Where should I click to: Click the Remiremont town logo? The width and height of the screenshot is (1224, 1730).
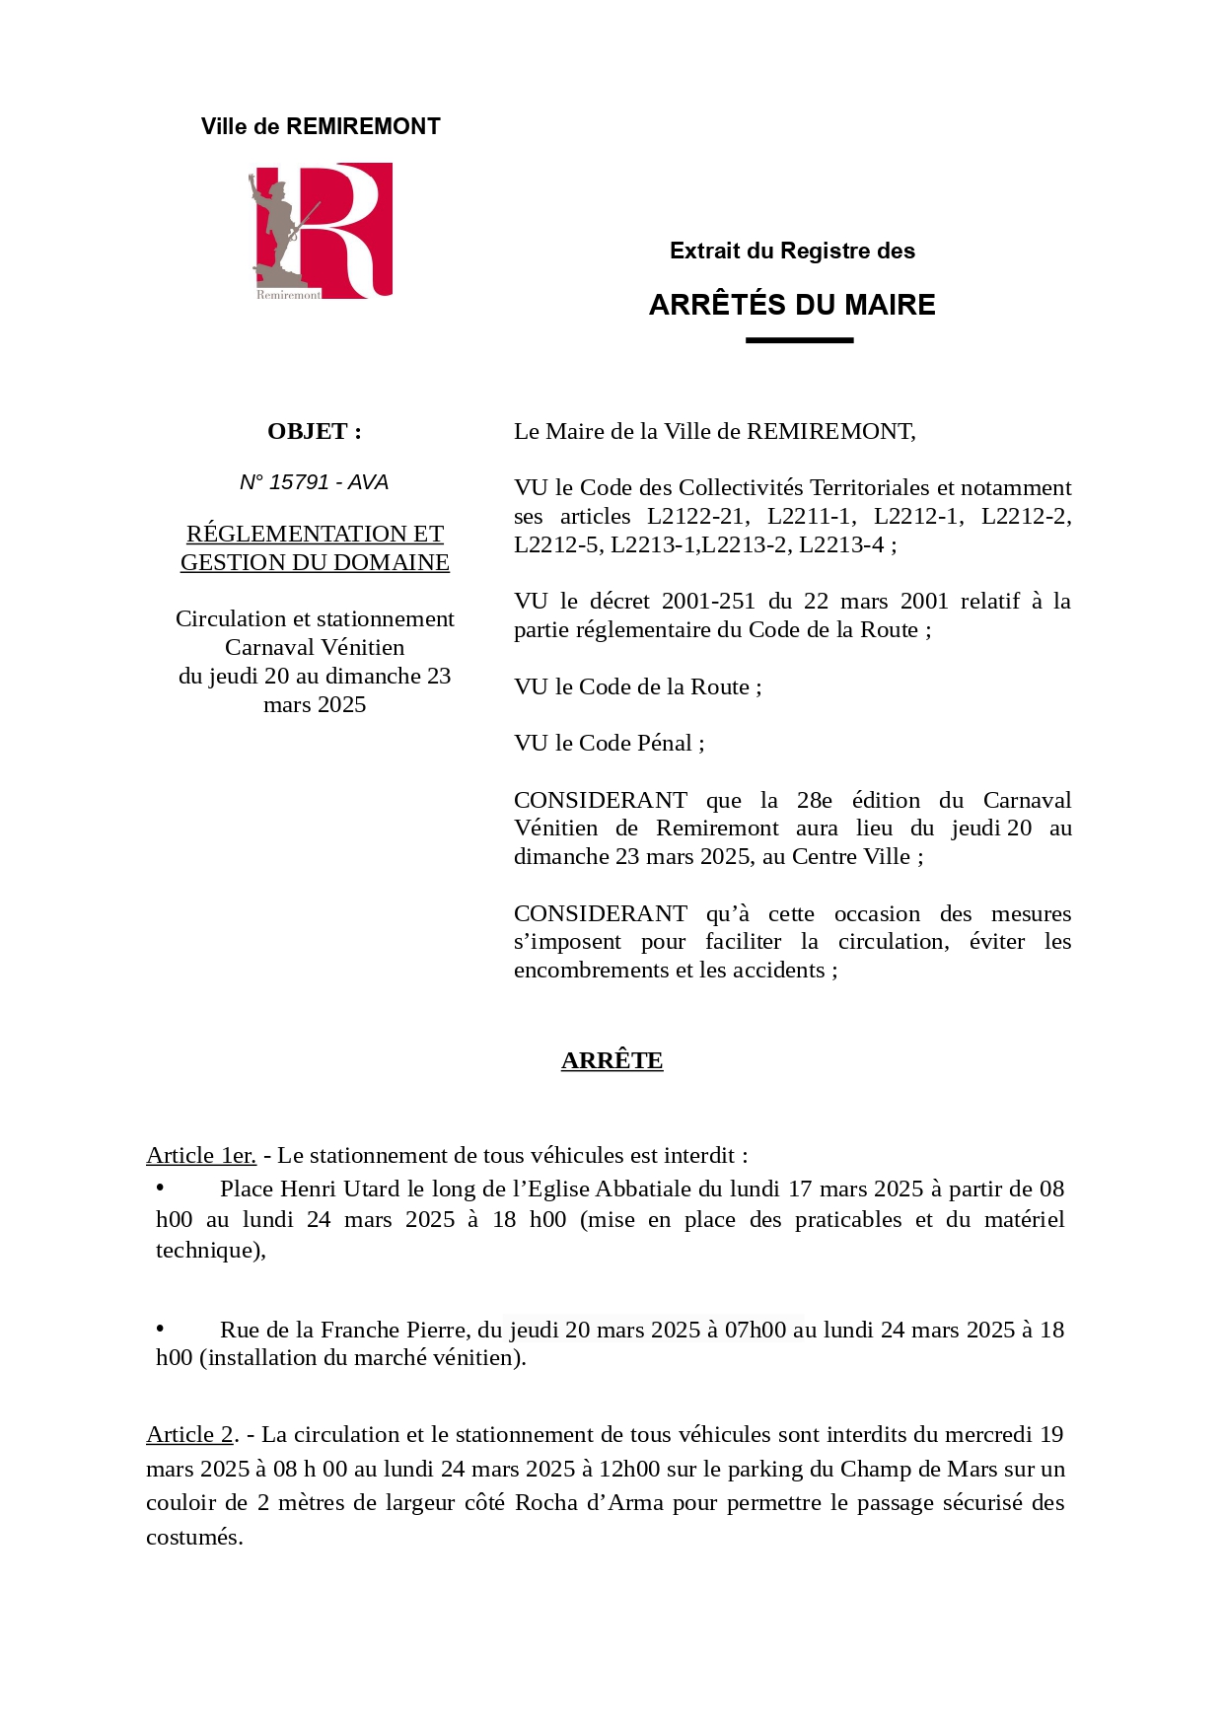click(321, 231)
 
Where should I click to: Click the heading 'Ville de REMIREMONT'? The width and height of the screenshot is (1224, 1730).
click(321, 126)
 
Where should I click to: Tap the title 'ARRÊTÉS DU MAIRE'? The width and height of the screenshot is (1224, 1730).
click(792, 305)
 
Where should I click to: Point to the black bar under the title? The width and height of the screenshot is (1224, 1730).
click(799, 340)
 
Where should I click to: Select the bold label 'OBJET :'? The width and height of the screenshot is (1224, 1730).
click(315, 431)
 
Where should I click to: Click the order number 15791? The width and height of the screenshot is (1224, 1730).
click(299, 482)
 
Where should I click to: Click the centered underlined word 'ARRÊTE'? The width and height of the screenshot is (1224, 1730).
click(612, 1060)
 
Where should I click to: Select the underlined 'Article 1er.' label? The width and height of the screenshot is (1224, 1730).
click(201, 1155)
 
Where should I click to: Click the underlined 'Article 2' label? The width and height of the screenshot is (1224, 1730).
click(189, 1434)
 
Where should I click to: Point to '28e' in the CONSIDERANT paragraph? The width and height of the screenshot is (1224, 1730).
click(814, 800)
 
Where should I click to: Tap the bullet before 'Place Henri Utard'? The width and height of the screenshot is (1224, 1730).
click(160, 1188)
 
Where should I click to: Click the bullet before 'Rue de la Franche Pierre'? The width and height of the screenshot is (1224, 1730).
click(160, 1329)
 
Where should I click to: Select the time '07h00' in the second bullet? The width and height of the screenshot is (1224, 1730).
click(756, 1330)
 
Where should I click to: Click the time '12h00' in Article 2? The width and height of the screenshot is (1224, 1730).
click(629, 1469)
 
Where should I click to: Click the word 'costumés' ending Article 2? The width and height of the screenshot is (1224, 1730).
click(192, 1537)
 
